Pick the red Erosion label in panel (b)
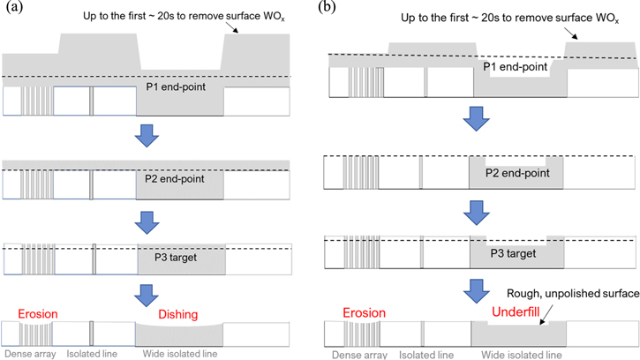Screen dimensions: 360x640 pos(359,312)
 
